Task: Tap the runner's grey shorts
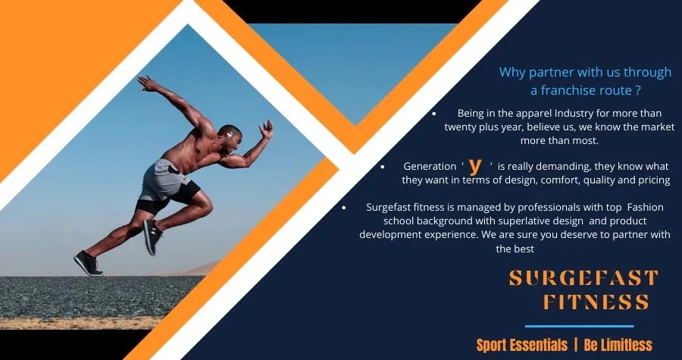coord(162,179)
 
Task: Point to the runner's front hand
coord(266,129)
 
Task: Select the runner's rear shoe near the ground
coord(89,263)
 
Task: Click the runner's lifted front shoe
coord(152,237)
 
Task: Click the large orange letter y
coord(477,166)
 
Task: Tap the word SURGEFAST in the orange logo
coord(583,278)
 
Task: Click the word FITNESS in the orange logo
coord(597,302)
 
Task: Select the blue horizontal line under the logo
coord(580,326)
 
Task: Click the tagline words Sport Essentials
coord(522,345)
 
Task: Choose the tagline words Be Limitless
coord(618,345)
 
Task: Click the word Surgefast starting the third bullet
coord(386,207)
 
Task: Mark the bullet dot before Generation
coord(383,167)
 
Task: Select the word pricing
coord(654,180)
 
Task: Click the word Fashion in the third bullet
coord(646,207)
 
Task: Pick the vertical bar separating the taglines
coord(575,345)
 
